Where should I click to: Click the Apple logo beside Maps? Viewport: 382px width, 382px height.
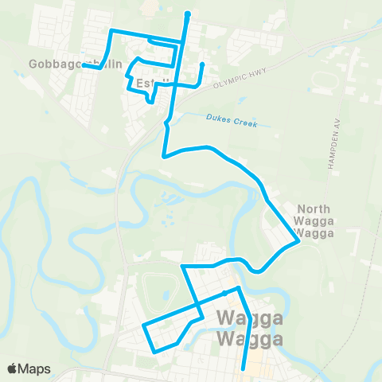14,368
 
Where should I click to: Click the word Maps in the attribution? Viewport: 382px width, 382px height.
35,368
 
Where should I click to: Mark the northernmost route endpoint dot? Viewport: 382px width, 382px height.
187,14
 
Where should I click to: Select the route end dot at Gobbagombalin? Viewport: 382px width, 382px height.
84,66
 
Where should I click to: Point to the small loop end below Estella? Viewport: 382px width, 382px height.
149,101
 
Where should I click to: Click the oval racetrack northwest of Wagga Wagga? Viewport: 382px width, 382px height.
158,290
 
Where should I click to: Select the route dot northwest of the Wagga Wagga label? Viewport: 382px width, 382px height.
225,293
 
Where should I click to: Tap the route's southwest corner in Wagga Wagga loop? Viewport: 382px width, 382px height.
153,350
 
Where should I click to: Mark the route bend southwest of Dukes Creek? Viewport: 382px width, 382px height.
164,157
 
